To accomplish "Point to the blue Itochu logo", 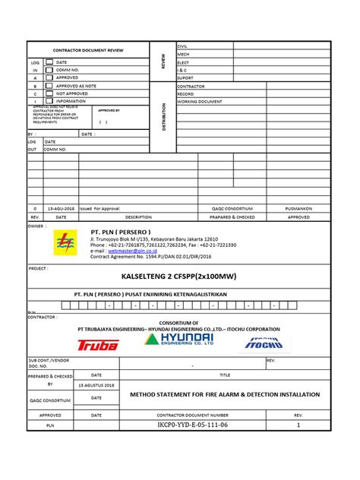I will [264, 343].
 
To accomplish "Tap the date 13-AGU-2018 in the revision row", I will [60, 207].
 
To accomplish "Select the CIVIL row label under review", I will [184, 46].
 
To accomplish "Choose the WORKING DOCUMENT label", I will [200, 101].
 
